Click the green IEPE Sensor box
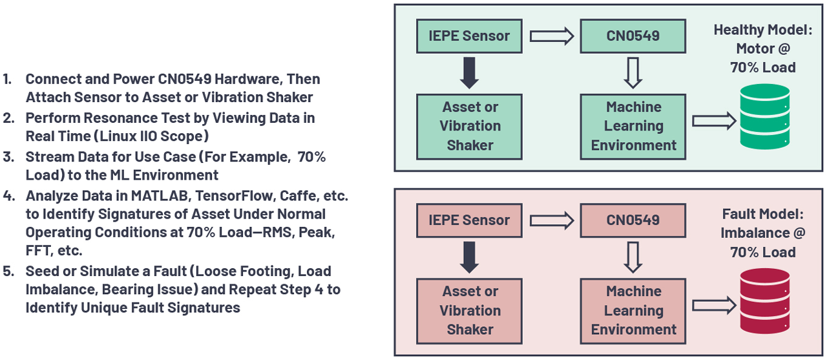coord(469,36)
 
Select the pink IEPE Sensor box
coord(469,220)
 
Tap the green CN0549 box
coord(633,36)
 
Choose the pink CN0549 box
coord(633,220)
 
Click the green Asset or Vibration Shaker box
coord(469,126)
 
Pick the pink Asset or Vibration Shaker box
coord(469,311)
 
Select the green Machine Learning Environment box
coord(633,126)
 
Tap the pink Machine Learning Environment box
coord(633,311)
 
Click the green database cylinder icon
coord(764,117)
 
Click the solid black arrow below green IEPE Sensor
coord(470,73)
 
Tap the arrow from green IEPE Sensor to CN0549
coord(551,36)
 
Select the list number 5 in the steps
coord(8,271)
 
